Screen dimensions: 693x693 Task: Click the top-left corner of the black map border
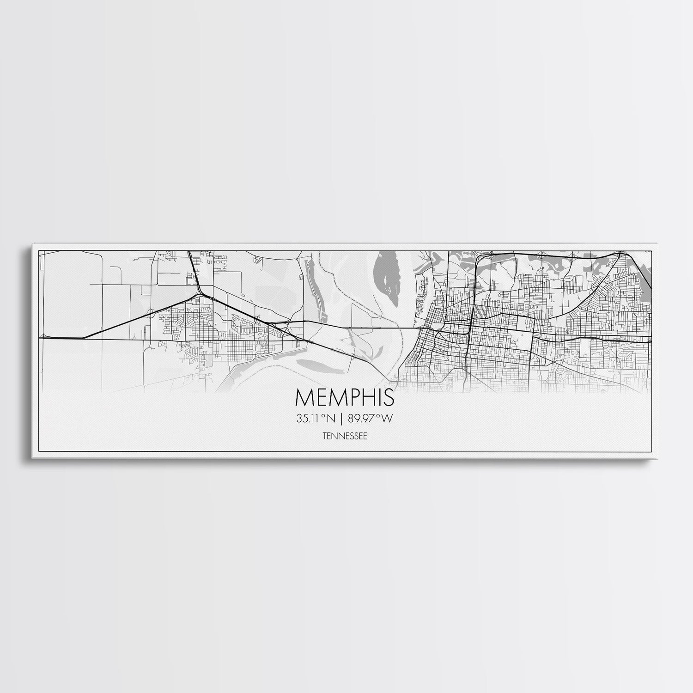39,250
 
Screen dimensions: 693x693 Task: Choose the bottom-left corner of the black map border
39,452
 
